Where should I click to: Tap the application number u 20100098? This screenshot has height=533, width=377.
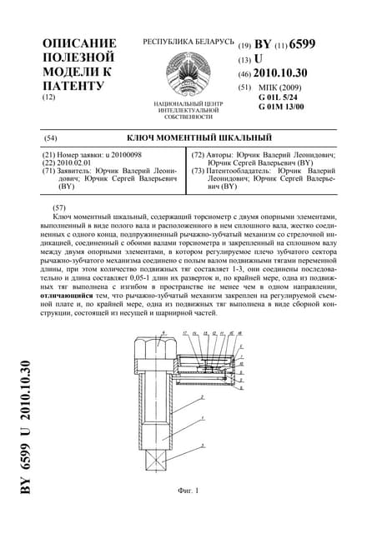click(121, 156)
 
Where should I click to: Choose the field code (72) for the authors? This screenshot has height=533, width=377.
click(200, 156)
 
